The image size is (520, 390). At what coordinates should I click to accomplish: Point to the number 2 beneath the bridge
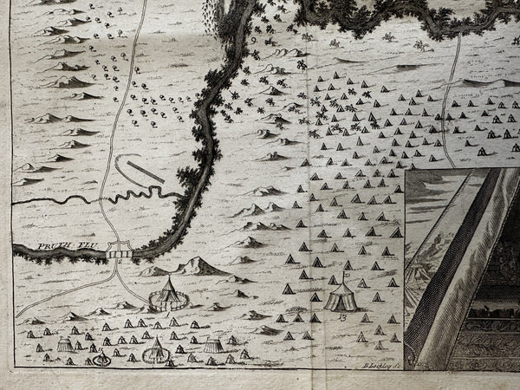(x=119, y=263)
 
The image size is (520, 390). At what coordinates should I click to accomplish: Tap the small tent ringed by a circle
(x=101, y=359)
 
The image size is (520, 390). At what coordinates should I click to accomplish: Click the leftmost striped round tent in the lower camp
(x=66, y=344)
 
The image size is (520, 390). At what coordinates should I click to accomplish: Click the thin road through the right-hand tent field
(x=448, y=113)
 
